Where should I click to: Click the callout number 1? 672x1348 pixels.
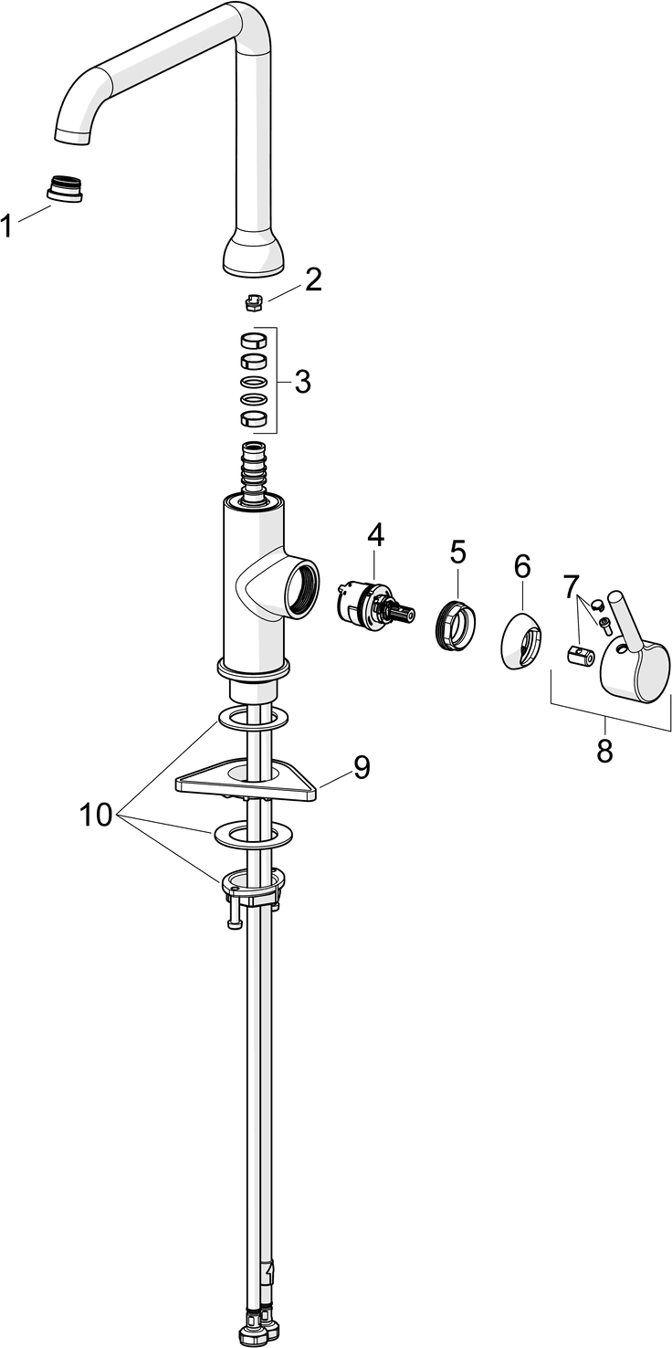point(8,225)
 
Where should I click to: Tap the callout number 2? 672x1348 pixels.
point(313,279)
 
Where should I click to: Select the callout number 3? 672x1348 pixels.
point(301,382)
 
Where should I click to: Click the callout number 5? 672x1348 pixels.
point(457,552)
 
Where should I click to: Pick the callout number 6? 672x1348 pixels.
point(521,566)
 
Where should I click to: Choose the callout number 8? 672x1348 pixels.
point(604,751)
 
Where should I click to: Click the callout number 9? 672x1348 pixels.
point(362,768)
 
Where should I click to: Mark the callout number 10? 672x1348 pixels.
point(95,814)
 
